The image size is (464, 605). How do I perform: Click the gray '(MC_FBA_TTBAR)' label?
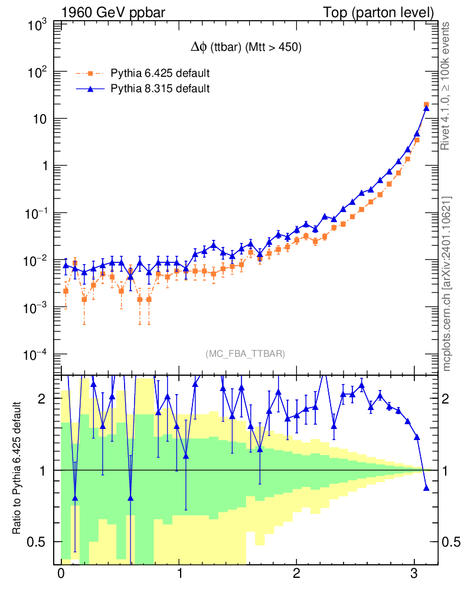pos(245,354)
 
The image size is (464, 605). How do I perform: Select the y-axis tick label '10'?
pos(40,119)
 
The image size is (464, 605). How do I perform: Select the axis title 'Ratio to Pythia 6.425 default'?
pos(18,469)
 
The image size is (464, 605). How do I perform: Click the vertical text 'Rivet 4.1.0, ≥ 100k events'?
pos(446,86)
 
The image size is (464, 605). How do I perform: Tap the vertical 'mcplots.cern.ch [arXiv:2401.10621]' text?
pos(446,284)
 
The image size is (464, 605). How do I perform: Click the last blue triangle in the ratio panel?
pos(426,488)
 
